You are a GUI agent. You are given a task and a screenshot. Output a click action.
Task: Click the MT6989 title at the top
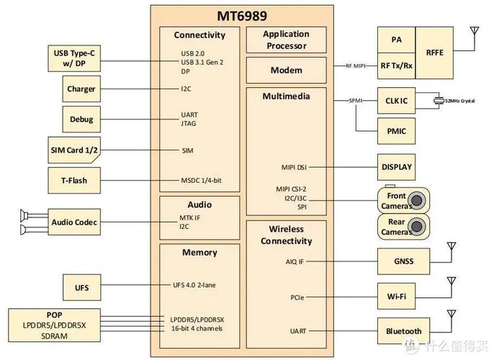(x=248, y=16)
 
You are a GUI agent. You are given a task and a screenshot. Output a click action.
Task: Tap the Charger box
(x=81, y=89)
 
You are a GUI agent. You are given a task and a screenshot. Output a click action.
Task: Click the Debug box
(x=81, y=120)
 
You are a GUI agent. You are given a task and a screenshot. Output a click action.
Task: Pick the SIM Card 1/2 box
(x=75, y=150)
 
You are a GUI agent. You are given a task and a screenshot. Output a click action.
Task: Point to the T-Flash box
(x=75, y=180)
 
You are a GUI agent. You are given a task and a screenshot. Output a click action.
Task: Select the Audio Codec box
(x=74, y=222)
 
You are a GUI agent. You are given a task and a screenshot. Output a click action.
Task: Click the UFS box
(x=81, y=287)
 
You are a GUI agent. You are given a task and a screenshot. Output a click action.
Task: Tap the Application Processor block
(x=286, y=40)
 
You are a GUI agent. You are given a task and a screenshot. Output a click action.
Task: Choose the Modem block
(x=286, y=71)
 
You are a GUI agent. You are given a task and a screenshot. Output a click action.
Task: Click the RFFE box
(x=435, y=53)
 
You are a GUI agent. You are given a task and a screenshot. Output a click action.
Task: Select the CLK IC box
(x=397, y=101)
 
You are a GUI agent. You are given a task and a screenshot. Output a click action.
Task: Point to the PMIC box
(x=397, y=132)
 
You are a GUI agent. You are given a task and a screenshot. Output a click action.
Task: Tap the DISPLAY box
(x=397, y=167)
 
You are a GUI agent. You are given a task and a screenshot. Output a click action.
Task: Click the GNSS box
(x=404, y=261)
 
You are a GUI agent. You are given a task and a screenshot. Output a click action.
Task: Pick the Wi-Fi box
(x=404, y=296)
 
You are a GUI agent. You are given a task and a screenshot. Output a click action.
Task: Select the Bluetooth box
(x=404, y=331)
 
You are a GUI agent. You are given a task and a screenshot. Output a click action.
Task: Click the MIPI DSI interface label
(x=295, y=167)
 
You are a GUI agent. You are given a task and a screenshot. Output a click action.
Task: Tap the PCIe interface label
(x=297, y=296)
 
